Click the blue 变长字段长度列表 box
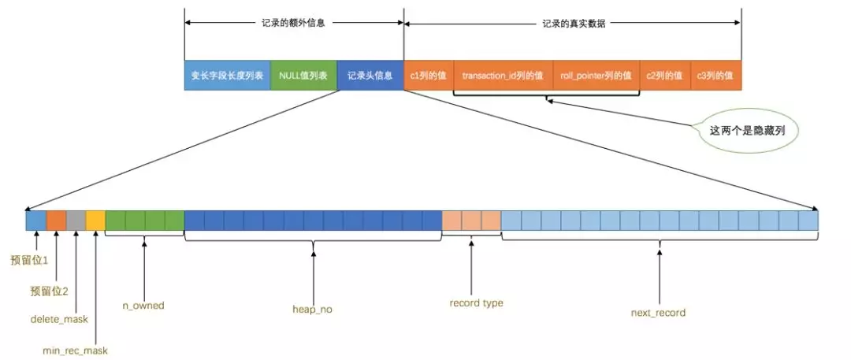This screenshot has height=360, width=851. tap(227, 76)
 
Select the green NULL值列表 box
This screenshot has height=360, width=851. tap(303, 76)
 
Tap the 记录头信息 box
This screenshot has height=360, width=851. tap(370, 76)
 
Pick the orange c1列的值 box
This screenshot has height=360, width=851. tap(429, 76)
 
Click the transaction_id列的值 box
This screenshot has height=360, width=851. tap(503, 76)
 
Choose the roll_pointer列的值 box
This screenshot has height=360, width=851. tap(596, 76)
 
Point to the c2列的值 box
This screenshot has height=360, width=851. tap(664, 76)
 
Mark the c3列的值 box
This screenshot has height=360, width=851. tap(715, 76)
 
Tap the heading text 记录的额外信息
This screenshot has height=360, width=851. tap(293, 24)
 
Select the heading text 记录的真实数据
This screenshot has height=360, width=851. tap(574, 24)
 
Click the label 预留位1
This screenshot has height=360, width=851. tap(29, 259)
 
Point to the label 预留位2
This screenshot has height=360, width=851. tap(49, 291)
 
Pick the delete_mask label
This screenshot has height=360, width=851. tap(59, 319)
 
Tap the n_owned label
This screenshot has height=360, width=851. tap(143, 305)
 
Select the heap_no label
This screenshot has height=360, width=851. tap(312, 310)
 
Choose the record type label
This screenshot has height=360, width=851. tap(476, 302)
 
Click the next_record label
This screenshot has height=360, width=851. tap(658, 313)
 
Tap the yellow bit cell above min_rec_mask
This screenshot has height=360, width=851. tap(95, 221)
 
